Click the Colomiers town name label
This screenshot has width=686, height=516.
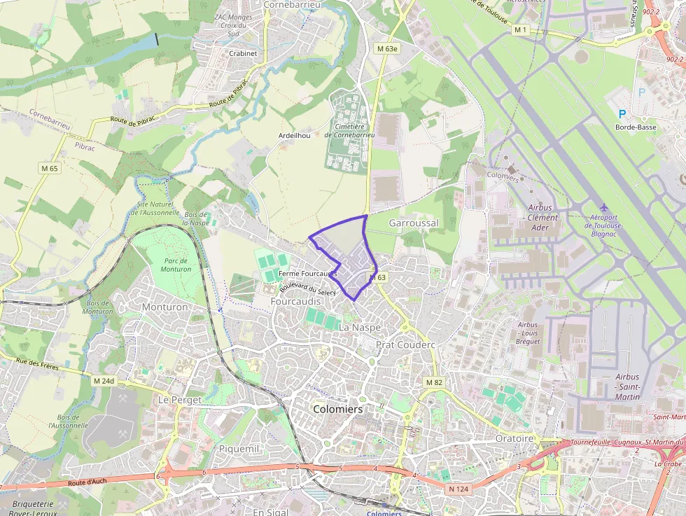[x=338, y=409]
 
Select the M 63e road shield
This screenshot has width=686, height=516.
[x=386, y=48]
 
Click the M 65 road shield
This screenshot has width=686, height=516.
[x=49, y=169]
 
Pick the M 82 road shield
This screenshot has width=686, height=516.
[x=434, y=382]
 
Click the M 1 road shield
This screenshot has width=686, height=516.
[x=520, y=29]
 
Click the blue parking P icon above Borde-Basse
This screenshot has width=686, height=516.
[x=622, y=114]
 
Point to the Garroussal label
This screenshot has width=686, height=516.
[x=413, y=223]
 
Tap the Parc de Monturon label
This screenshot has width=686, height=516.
[x=176, y=265]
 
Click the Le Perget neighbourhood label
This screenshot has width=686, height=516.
[x=180, y=400]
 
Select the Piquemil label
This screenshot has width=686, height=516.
[x=239, y=448]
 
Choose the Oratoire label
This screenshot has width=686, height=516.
[x=514, y=438]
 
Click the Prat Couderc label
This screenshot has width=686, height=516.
[x=406, y=344]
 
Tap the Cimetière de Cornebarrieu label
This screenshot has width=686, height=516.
[x=349, y=131]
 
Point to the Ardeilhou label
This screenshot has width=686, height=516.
[x=294, y=135]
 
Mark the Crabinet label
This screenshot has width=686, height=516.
[x=243, y=53]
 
